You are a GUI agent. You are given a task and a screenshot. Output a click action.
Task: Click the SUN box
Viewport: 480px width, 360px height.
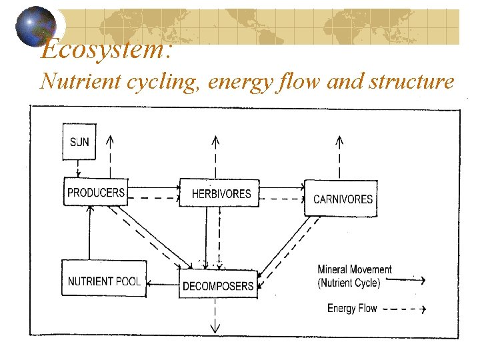79,141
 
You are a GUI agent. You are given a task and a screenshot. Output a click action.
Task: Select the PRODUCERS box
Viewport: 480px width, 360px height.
95,192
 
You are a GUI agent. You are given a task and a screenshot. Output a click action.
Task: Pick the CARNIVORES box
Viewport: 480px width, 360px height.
341,198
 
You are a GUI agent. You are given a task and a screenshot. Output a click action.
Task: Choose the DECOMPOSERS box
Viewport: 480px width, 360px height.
218,285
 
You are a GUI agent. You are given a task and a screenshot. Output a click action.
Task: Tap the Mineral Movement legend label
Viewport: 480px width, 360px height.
354,269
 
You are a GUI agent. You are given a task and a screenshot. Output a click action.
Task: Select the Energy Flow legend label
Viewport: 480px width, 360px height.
351,308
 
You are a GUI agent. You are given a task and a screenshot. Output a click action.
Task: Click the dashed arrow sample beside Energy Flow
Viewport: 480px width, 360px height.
403,309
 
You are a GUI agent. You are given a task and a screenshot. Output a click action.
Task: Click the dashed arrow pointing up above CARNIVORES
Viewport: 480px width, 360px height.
339,157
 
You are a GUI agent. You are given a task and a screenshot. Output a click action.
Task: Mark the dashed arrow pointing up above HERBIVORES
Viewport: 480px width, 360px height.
215,157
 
